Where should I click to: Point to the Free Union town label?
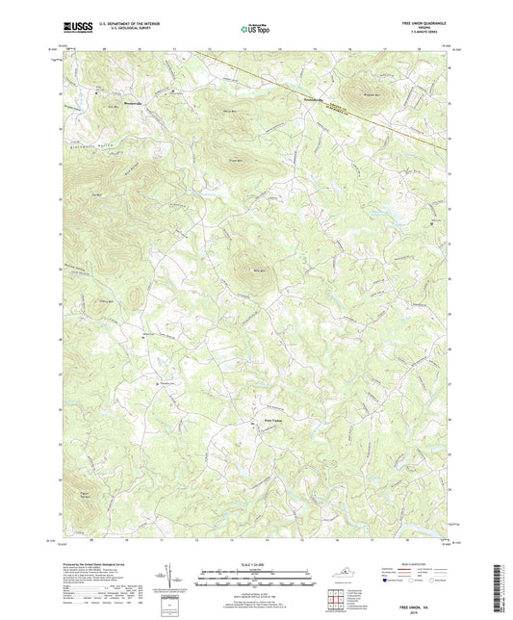(x=274, y=420)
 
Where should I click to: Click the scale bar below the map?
(x=255, y=579)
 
